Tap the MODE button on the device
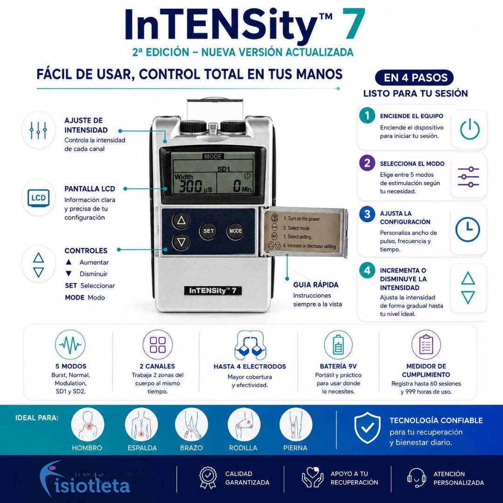[236, 231]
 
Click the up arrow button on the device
[181, 220]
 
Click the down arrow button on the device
[181, 242]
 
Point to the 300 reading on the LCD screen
[190, 186]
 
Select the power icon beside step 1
[469, 129]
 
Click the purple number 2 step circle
[367, 163]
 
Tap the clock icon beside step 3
[468, 229]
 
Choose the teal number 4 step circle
[367, 270]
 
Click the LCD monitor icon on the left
[39, 197]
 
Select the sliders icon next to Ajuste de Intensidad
[39, 130]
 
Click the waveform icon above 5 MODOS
[70, 345]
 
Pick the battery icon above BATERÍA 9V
[338, 345]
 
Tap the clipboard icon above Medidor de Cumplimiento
[426, 345]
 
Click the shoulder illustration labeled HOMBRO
[87, 424]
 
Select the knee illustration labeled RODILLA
[244, 424]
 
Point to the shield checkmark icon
[367, 428]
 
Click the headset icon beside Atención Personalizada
[416, 477]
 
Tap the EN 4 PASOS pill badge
[414, 78]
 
